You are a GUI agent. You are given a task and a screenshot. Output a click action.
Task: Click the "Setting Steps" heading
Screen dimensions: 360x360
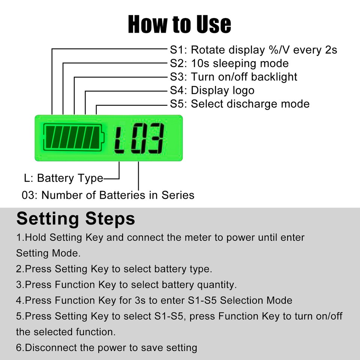click(75, 218)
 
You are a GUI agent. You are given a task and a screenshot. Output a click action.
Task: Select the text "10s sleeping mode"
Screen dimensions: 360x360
click(240, 63)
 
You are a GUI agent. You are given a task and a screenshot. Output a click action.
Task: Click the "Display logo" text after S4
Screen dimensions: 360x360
click(222, 90)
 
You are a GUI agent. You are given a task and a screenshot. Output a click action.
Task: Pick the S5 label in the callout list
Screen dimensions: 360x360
click(178, 104)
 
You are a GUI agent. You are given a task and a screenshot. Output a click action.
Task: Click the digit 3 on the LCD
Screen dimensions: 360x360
click(155, 138)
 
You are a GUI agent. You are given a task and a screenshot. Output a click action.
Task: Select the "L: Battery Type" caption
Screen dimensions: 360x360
click(63, 178)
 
